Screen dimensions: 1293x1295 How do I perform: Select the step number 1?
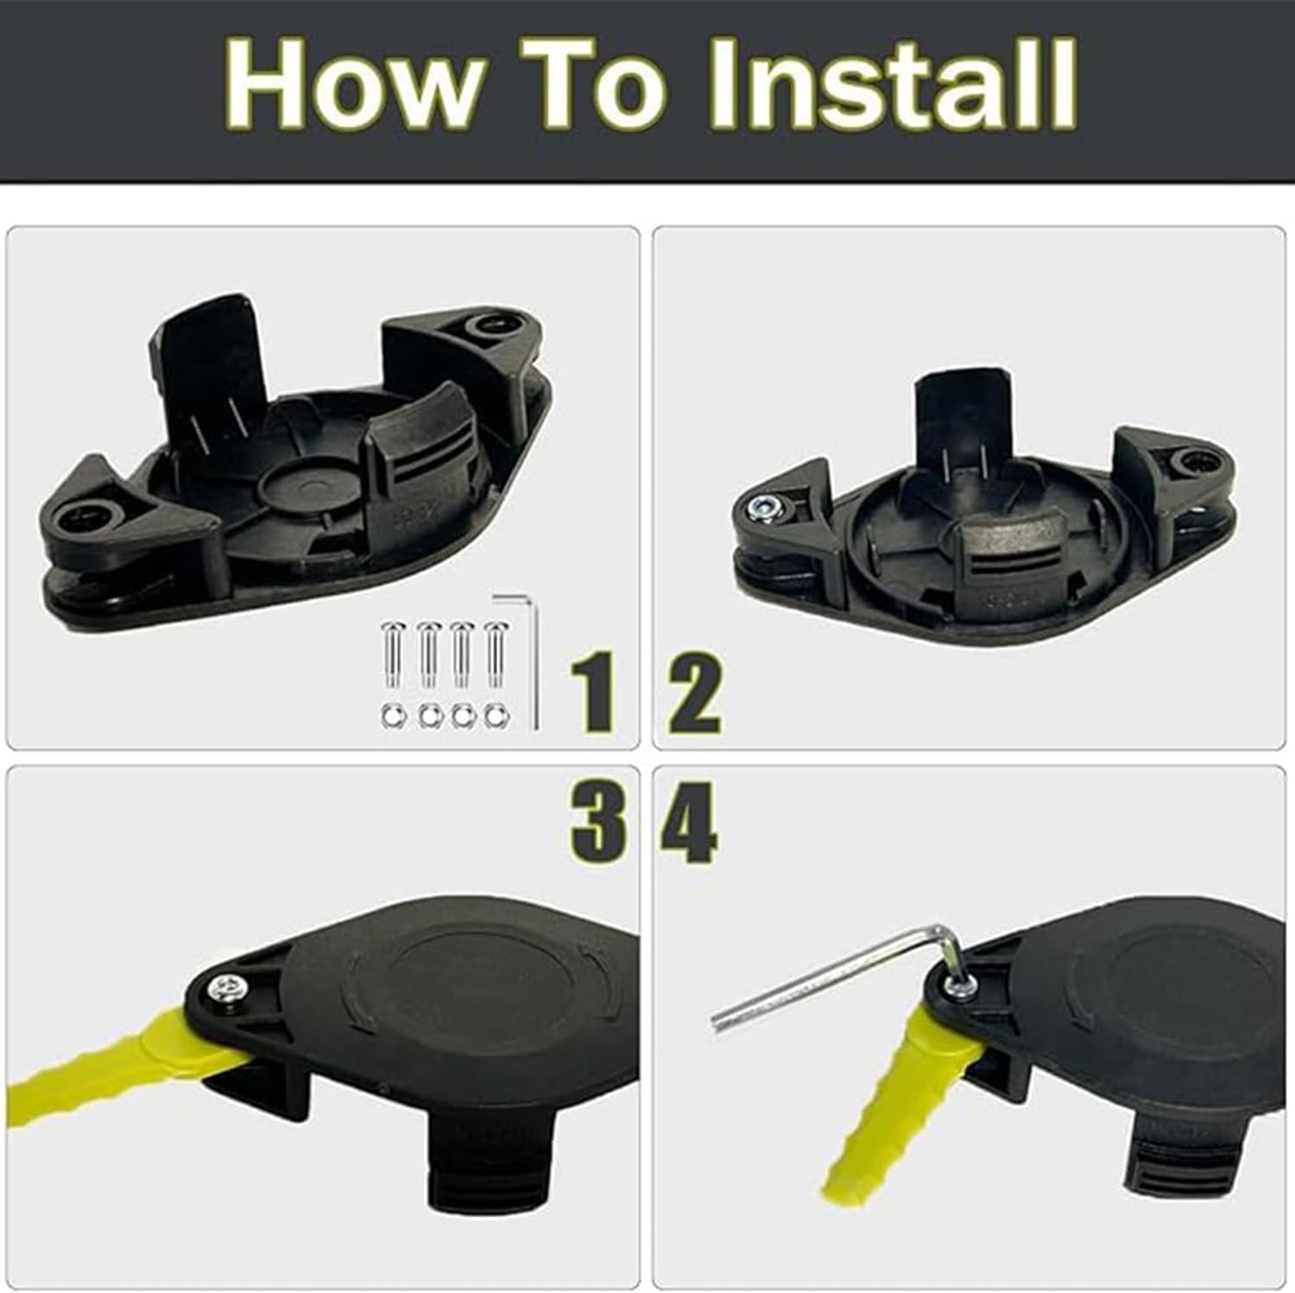click(594, 693)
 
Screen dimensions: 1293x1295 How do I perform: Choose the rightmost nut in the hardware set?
click(496, 716)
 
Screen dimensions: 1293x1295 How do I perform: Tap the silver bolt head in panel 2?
click(762, 508)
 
